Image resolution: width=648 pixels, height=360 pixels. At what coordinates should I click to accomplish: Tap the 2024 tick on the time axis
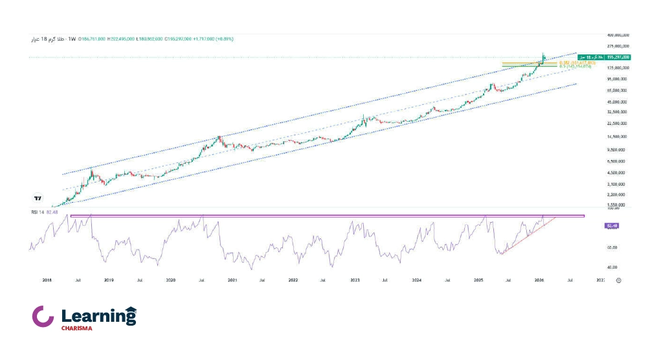click(416, 280)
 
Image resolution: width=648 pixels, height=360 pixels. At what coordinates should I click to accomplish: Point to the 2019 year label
click(109, 280)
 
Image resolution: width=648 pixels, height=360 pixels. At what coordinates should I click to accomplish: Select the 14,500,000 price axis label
click(616, 137)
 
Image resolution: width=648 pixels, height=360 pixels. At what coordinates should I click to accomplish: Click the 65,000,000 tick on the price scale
click(616, 90)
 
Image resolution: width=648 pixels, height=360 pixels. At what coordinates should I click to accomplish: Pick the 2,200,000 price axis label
click(616, 194)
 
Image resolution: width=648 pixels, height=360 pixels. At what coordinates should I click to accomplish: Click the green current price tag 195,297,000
click(618, 57)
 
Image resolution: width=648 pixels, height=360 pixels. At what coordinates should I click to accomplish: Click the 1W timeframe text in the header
click(72, 39)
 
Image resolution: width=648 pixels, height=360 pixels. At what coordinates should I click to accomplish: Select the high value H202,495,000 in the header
click(121, 39)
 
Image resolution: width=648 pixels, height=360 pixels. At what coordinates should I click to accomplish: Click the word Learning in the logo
click(98, 316)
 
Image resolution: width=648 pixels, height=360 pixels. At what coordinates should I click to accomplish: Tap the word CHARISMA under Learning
click(77, 328)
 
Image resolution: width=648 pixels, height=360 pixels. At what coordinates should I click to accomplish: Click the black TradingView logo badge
click(38, 198)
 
